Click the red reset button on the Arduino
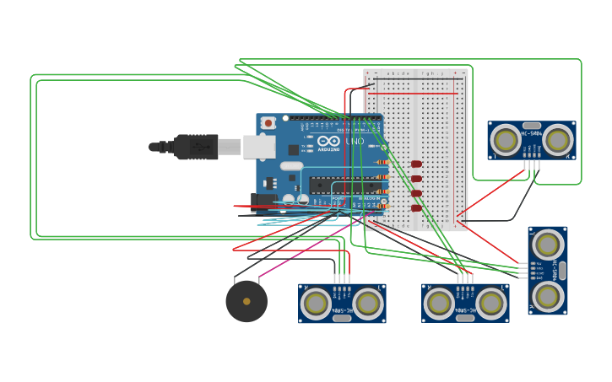tap(268, 123)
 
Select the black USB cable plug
tap(196, 147)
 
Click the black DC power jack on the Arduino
tap(264, 203)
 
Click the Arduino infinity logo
tap(328, 141)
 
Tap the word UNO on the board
tap(355, 141)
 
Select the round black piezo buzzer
tap(246, 301)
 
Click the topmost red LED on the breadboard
tap(416, 164)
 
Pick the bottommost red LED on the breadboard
tap(416, 207)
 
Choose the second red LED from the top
tap(416, 178)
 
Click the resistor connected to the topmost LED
tap(382, 163)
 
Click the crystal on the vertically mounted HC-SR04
tap(562, 270)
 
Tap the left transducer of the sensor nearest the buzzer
tap(316, 303)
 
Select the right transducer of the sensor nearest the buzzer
tap(368, 303)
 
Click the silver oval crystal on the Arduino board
tap(291, 166)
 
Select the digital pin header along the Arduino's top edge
tap(333, 118)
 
